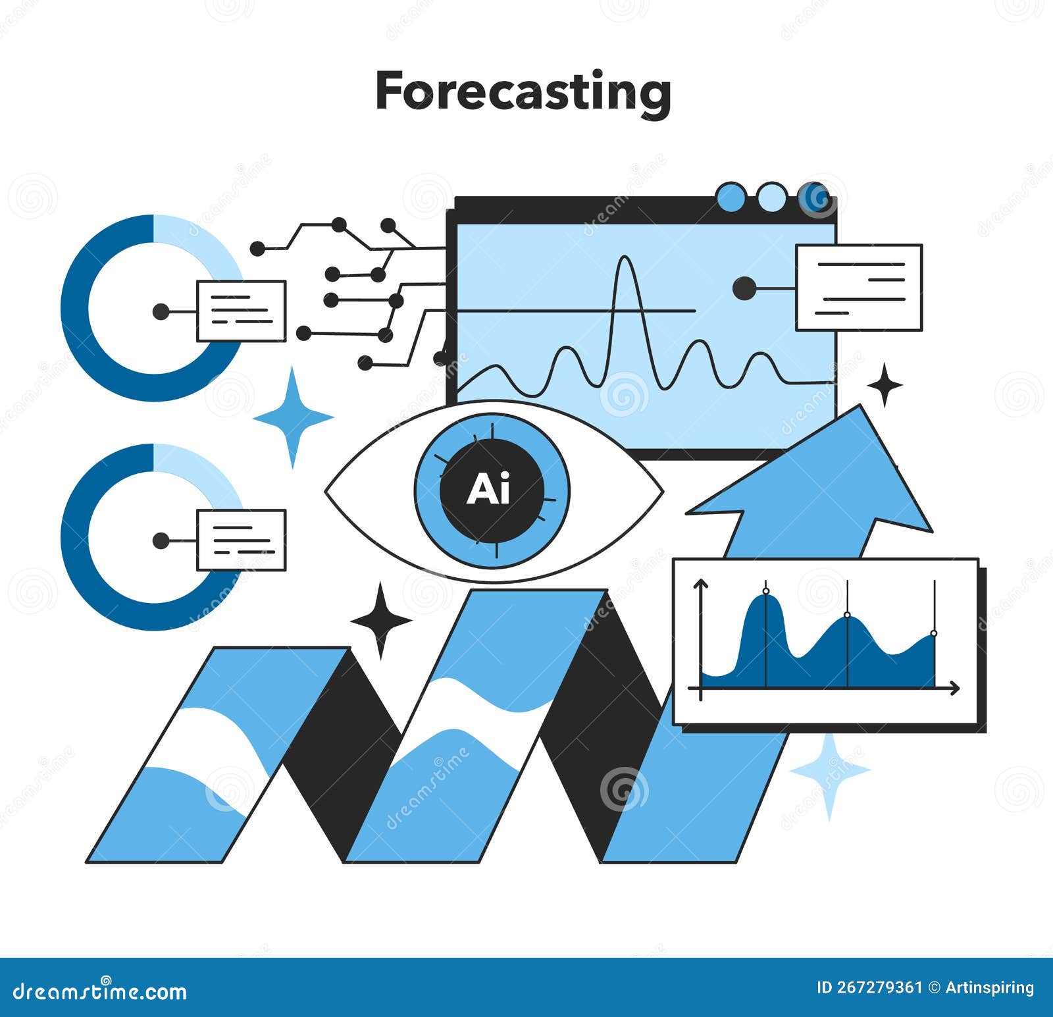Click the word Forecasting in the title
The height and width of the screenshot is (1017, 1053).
523,93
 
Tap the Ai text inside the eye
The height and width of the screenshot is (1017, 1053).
488,490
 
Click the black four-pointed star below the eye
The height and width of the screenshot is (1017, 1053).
380,619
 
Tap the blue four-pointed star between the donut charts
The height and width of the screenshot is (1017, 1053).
293,417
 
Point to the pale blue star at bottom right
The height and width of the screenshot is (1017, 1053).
829,769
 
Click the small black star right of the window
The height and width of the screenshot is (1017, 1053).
885,385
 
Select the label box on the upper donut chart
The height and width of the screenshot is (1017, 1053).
241,311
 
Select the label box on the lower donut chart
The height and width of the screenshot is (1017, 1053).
241,540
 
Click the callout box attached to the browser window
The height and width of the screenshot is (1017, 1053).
858,288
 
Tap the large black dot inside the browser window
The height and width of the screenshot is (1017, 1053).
744,288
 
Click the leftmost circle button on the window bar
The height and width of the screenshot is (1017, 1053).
731,197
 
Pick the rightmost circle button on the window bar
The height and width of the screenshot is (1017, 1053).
815,197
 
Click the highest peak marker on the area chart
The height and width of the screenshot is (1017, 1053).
765,592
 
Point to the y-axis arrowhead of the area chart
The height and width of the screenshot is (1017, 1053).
701,583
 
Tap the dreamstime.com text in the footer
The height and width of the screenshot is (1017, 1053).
100,991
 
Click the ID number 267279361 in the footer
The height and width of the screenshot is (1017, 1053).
878,987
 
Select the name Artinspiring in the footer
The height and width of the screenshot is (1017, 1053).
989,987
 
